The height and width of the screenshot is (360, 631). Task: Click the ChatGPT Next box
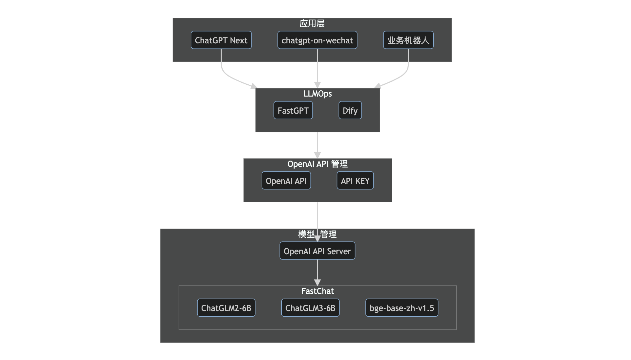click(221, 40)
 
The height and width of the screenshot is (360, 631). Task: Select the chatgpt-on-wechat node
click(317, 40)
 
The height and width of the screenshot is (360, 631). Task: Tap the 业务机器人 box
click(408, 40)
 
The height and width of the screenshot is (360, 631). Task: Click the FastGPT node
click(293, 110)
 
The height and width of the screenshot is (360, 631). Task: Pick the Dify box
click(350, 110)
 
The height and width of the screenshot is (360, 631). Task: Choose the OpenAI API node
click(286, 181)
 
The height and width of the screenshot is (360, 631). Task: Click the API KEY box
click(355, 181)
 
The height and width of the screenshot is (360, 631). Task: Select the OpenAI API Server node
click(317, 251)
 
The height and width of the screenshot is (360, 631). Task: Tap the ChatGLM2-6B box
click(226, 308)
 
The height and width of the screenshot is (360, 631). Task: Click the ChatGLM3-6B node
click(310, 308)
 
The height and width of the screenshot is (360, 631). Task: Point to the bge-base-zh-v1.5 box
click(402, 308)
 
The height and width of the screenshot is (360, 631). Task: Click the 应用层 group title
click(312, 23)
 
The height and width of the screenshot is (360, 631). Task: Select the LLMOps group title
click(317, 94)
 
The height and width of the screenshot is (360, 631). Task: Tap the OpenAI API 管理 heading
click(317, 164)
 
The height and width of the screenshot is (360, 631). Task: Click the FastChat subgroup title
click(317, 291)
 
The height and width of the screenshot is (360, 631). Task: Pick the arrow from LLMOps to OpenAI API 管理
click(317, 145)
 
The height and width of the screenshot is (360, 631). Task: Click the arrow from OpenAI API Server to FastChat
click(317, 272)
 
